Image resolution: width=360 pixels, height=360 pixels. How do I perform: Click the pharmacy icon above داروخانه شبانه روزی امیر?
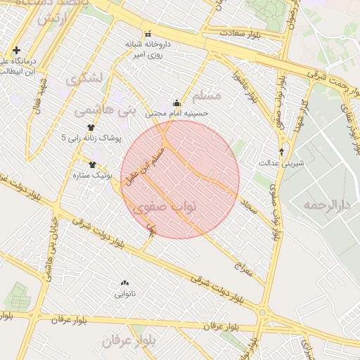pos(148,34)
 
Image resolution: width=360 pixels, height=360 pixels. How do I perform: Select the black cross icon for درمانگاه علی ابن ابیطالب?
pos(16,50)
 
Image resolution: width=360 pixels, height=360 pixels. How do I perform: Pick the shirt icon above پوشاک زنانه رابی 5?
pos(90,127)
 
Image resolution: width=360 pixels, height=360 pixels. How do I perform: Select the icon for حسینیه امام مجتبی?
pos(176,103)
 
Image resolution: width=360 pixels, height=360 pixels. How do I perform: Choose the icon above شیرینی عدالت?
pos(282,151)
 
